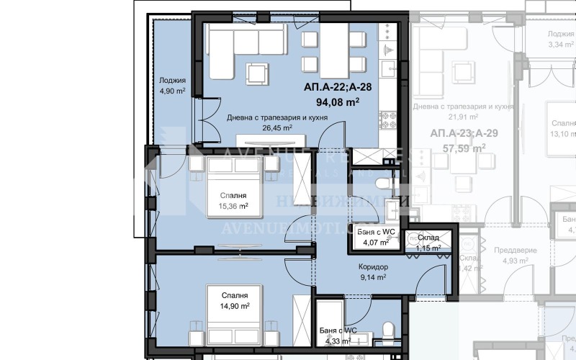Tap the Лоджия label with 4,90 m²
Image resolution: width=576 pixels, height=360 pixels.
point(173,81)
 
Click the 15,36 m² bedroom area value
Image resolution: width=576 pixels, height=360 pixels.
point(233,206)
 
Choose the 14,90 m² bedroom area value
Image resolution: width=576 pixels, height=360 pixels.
point(235,306)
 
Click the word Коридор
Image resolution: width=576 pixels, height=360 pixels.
point(373,266)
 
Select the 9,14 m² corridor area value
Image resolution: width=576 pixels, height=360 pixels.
point(373,276)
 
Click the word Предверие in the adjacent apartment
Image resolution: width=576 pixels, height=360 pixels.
point(520,250)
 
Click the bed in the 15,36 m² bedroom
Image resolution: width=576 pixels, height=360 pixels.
point(234,173)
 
